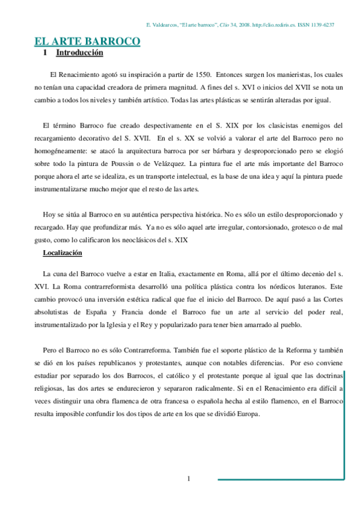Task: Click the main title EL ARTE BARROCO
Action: tap(87, 41)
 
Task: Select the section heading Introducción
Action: tap(79, 53)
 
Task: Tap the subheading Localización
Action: tap(62, 253)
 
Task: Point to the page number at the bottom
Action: tap(189, 479)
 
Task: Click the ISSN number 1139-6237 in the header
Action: tap(320, 25)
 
